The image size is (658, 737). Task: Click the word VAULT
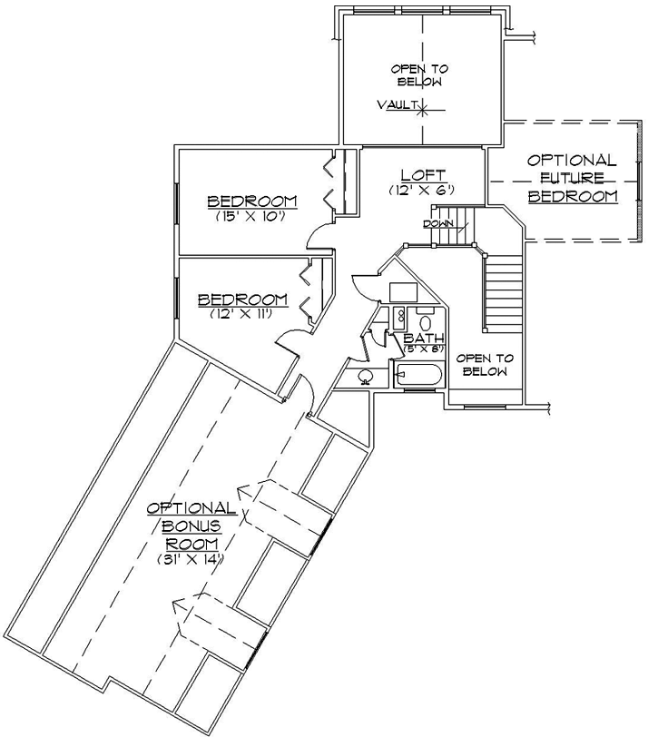pyautogui.click(x=396, y=106)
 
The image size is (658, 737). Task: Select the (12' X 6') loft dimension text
pyautogui.click(x=421, y=190)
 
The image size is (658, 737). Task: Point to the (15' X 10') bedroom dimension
pyautogui.click(x=251, y=216)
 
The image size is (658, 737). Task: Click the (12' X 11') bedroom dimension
pyautogui.click(x=242, y=313)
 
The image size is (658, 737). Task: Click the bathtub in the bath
pyautogui.click(x=418, y=374)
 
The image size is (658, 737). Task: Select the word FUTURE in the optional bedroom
pyautogui.click(x=572, y=178)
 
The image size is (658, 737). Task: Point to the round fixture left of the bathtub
pyautogui.click(x=366, y=376)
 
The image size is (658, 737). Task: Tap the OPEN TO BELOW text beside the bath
pyautogui.click(x=483, y=364)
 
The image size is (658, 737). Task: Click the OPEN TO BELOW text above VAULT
pyautogui.click(x=419, y=75)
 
